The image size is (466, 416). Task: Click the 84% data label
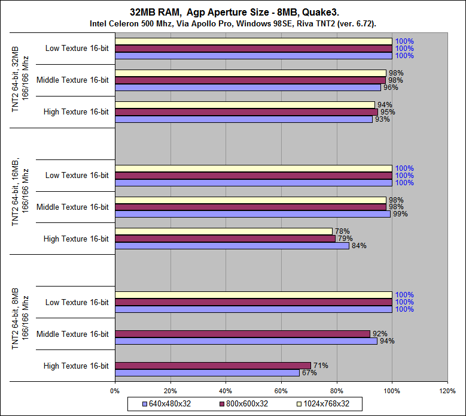pyautogui.click(x=358, y=246)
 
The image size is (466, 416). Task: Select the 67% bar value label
pyautogui.click(x=309, y=373)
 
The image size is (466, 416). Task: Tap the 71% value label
pyautogui.click(x=320, y=366)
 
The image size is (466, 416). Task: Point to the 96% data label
pyautogui.click(x=391, y=88)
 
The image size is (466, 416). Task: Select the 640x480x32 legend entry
pyautogui.click(x=167, y=403)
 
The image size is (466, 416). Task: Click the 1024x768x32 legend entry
pyautogui.click(x=323, y=403)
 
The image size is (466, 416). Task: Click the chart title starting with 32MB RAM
pyautogui.click(x=233, y=12)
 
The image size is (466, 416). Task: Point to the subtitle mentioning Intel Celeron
pyautogui.click(x=233, y=23)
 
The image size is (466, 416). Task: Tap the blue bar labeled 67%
pyautogui.click(x=207, y=373)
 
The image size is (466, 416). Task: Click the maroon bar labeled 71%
pyautogui.click(x=212, y=366)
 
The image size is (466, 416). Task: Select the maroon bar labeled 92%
pyautogui.click(x=242, y=334)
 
